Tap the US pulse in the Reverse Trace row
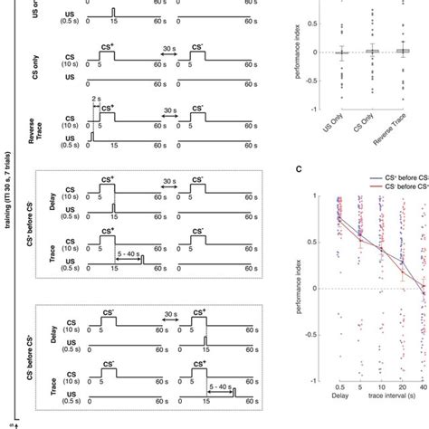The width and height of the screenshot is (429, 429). [x=91, y=135]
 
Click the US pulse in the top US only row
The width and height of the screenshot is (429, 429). [x=113, y=12]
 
